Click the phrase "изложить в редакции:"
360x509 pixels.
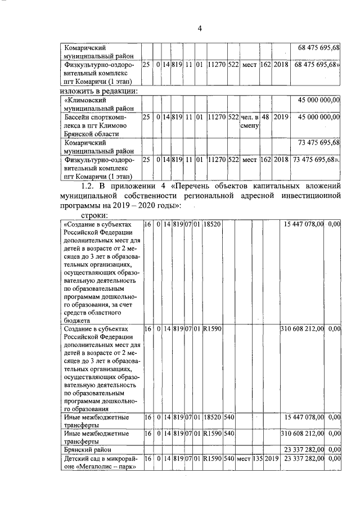[101, 91]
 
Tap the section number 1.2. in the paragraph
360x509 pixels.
[91, 186]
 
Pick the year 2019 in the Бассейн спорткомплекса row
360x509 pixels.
[281, 117]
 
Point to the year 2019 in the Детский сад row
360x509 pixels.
[272, 459]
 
